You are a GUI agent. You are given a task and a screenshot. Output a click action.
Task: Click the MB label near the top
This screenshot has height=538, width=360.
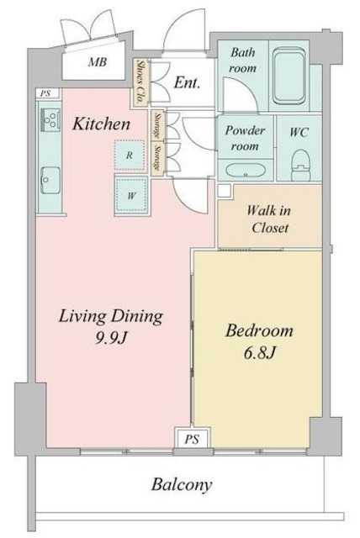point(98,62)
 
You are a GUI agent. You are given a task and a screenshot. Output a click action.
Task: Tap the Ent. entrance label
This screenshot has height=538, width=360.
point(187,82)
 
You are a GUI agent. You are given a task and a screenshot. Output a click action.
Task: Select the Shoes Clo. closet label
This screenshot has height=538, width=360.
point(140,82)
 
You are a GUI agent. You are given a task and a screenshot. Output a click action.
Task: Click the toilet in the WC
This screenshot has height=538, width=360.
point(300,165)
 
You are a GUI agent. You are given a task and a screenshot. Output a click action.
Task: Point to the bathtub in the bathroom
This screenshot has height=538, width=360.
point(289,76)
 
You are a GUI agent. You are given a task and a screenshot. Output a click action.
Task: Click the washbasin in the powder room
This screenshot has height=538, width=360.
point(245,170)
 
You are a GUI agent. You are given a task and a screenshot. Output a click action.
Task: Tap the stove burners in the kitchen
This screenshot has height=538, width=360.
point(50,119)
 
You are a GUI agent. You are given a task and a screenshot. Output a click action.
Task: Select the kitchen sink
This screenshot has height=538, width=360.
point(50,180)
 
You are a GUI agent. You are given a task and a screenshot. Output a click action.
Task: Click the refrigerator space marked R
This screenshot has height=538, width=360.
point(129,156)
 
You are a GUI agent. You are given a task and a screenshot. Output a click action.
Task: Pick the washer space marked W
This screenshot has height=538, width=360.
point(131,196)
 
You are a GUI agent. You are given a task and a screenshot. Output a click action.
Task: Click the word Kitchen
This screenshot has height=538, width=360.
point(101,124)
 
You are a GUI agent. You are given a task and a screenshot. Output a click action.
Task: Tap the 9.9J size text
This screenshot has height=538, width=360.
point(111,339)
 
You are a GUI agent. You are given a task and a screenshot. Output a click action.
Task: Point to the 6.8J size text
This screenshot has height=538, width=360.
point(260,353)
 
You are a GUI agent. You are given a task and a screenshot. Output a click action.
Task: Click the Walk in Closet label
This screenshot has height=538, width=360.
point(269,219)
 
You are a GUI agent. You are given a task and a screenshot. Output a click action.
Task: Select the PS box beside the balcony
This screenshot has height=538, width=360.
point(192,439)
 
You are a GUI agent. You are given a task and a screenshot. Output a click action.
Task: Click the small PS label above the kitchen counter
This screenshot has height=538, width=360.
point(45,93)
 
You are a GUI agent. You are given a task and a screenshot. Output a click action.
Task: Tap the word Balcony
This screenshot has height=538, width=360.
point(182,485)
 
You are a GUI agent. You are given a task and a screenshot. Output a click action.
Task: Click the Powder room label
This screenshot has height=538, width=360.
point(245,138)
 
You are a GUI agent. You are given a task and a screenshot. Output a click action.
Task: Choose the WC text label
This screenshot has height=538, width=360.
point(299,133)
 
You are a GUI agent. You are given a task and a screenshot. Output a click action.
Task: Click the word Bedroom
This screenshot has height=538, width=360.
point(259,330)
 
